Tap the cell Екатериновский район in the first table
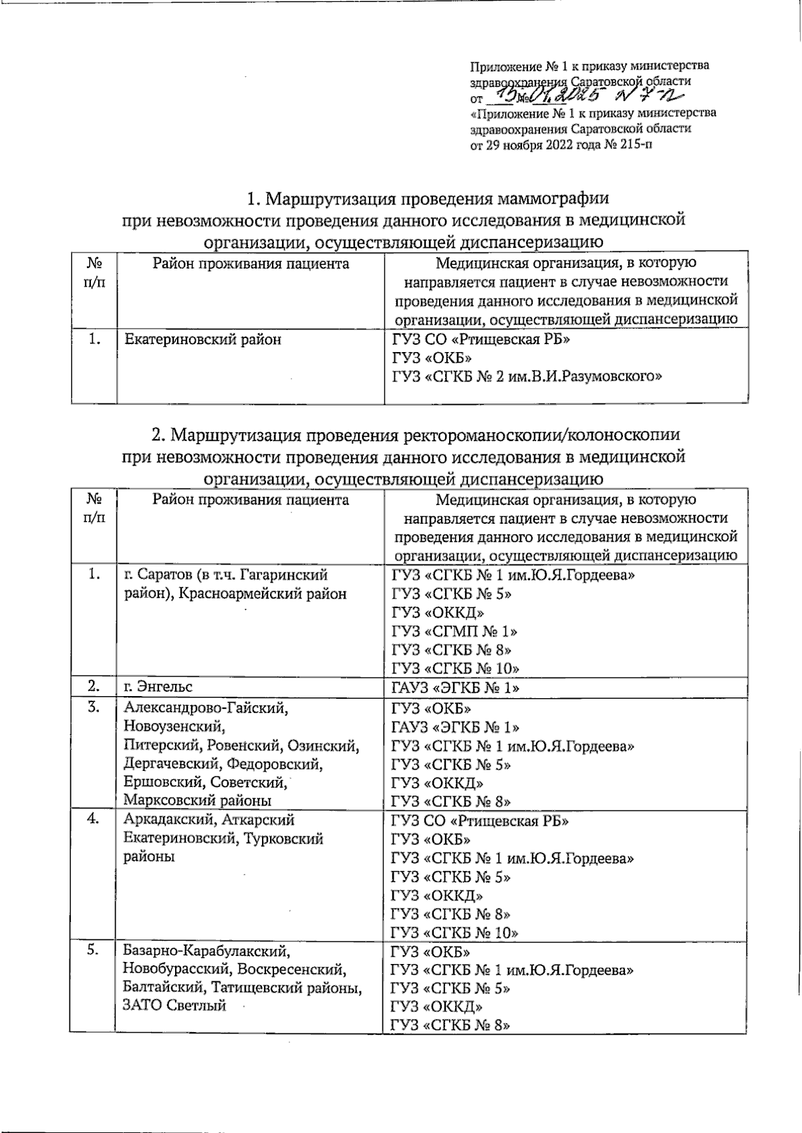pos(203,339)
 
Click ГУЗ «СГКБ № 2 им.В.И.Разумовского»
pos(527,377)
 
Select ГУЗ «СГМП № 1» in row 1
pos(454,631)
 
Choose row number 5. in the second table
pos(94,950)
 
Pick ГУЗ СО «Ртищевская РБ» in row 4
pos(481,820)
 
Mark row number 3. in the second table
pos(94,707)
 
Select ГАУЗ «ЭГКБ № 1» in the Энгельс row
pos(456,687)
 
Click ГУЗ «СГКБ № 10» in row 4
pos(455,932)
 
